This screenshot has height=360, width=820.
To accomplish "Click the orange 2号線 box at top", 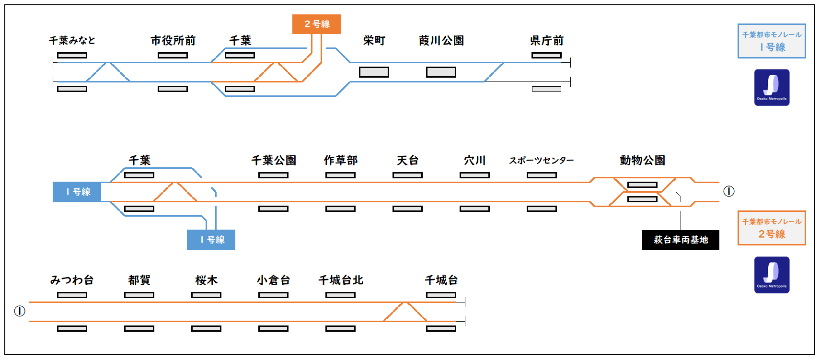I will [316, 24].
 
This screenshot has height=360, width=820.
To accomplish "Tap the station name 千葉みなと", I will [72, 40].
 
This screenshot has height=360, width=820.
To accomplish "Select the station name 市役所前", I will [173, 40].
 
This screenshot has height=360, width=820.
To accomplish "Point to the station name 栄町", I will [374, 40].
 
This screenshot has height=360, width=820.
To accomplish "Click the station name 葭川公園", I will [441, 40].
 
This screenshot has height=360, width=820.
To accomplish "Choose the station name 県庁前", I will [547, 40].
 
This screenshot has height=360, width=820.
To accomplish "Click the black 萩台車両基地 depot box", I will [681, 240].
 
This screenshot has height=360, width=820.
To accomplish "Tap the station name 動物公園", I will [643, 160].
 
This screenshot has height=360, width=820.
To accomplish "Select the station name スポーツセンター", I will [542, 160].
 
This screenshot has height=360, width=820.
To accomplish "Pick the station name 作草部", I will [341, 160].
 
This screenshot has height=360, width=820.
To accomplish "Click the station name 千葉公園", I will [274, 160].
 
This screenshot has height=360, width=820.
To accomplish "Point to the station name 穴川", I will [475, 160].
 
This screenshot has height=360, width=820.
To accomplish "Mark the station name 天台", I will [408, 160].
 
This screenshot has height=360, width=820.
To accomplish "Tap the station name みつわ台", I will [72, 280].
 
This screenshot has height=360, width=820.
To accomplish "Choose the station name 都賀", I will [139, 280].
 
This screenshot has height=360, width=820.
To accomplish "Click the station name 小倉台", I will [274, 280].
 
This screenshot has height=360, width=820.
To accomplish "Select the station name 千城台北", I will [341, 280].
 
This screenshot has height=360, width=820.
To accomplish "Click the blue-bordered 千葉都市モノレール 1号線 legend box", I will [772, 41].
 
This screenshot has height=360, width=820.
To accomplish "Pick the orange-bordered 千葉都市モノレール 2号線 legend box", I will [772, 228].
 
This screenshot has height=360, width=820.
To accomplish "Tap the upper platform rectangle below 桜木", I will [206, 295].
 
